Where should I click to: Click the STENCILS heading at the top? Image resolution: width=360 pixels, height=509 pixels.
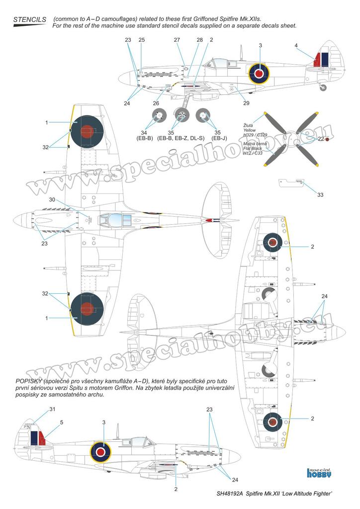coord(29,19)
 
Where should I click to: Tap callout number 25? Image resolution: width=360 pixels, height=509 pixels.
coord(142,39)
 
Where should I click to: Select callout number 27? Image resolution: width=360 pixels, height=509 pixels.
coord(178,39)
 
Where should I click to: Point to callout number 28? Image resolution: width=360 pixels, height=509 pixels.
coord(199,39)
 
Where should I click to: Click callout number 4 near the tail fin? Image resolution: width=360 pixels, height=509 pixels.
coord(296,46)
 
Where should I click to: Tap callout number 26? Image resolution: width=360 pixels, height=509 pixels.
coord(156,103)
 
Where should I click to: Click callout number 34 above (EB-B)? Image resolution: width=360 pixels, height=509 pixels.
coord(143,132)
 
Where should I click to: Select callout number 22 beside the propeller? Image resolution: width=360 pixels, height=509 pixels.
coord(321,140)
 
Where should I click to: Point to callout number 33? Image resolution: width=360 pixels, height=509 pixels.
coord(321,194)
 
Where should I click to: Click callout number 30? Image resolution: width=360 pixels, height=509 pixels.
coord(53,199)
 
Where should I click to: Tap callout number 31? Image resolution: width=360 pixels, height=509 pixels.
coord(53,409)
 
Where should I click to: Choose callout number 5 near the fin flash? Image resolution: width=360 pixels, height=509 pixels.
coord(61,423)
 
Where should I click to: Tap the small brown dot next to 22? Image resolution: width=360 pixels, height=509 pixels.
coord(327,140)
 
